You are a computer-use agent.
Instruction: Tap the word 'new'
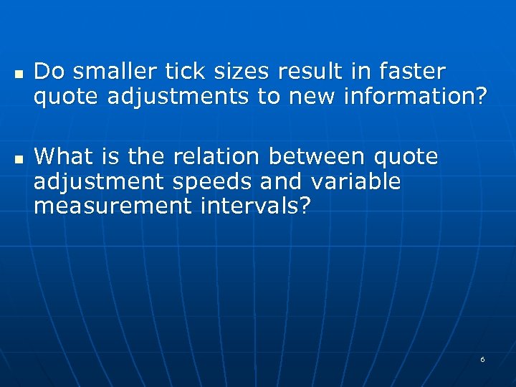[314, 96]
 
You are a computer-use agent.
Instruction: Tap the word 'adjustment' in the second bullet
[99, 182]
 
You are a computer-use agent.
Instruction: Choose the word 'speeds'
[213, 182]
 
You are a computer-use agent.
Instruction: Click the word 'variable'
[355, 182]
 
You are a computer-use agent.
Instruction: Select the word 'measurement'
[113, 207]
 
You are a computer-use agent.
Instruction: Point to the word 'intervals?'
[256, 207]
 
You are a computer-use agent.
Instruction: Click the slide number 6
[482, 359]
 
